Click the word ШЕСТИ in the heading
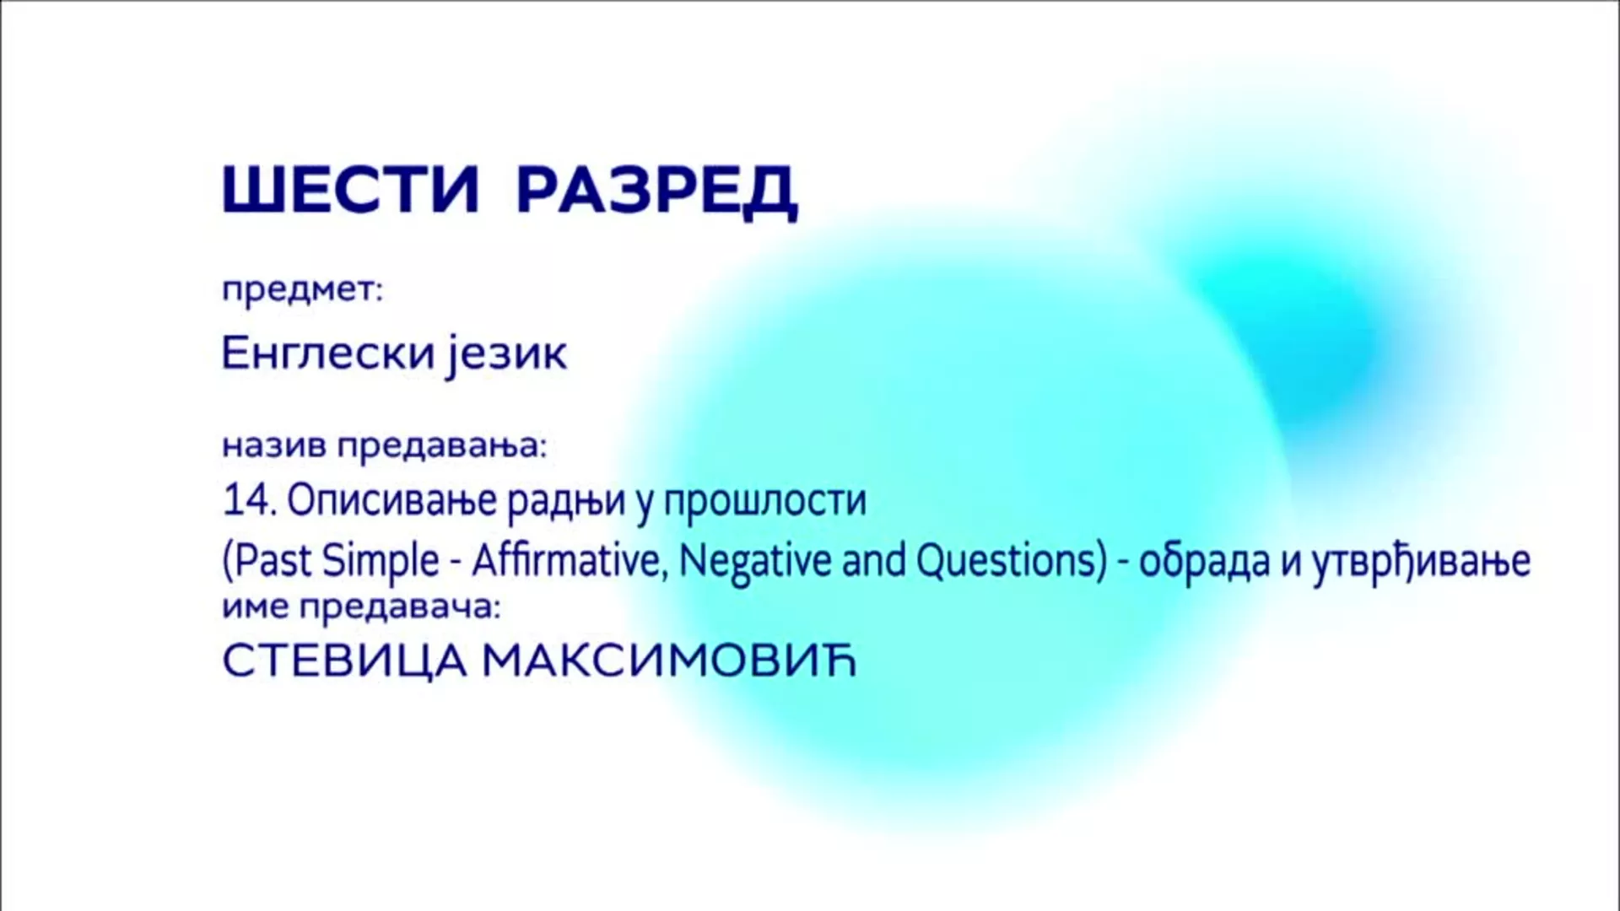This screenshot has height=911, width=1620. pos(350,190)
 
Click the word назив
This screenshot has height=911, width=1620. pos(274,446)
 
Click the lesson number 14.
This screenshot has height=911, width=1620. pos(250,500)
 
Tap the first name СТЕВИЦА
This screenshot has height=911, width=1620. pos(344,662)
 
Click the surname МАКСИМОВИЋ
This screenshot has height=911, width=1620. pos(669,662)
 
